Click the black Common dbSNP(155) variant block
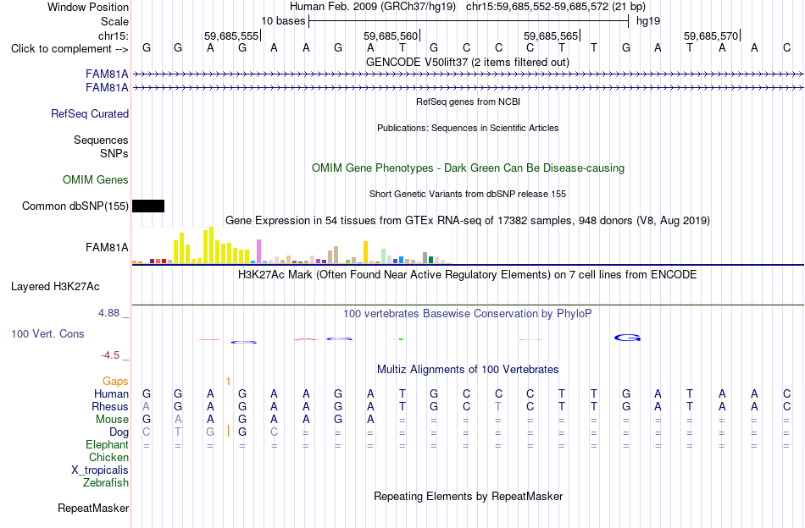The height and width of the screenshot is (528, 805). tap(148, 206)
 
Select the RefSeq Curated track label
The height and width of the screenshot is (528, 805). tap(90, 113)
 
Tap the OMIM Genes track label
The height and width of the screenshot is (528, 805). tap(96, 180)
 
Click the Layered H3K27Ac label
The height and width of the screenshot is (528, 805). tap(55, 287)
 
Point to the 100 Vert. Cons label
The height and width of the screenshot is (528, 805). tap(47, 333)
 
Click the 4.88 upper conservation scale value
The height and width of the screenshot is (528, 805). tap(109, 313)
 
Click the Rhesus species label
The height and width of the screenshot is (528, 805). tap(110, 406)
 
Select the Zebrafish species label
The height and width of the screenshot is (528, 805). tap(106, 483)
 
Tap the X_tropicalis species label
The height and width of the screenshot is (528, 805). tap(100, 470)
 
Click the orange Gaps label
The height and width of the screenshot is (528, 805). tap(115, 381)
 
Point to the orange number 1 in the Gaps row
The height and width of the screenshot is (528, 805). tap(228, 381)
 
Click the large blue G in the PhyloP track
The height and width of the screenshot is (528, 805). tap(627, 338)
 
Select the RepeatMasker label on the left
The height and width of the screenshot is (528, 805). tap(93, 508)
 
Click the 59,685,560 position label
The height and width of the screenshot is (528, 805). tap(391, 36)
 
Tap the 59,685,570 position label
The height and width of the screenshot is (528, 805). tap(711, 36)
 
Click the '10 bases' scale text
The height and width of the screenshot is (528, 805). tap(283, 21)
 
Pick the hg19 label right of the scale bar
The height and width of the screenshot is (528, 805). tap(648, 21)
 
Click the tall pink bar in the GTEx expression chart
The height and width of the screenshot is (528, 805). tap(259, 251)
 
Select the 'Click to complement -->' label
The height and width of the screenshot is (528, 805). tap(69, 49)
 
